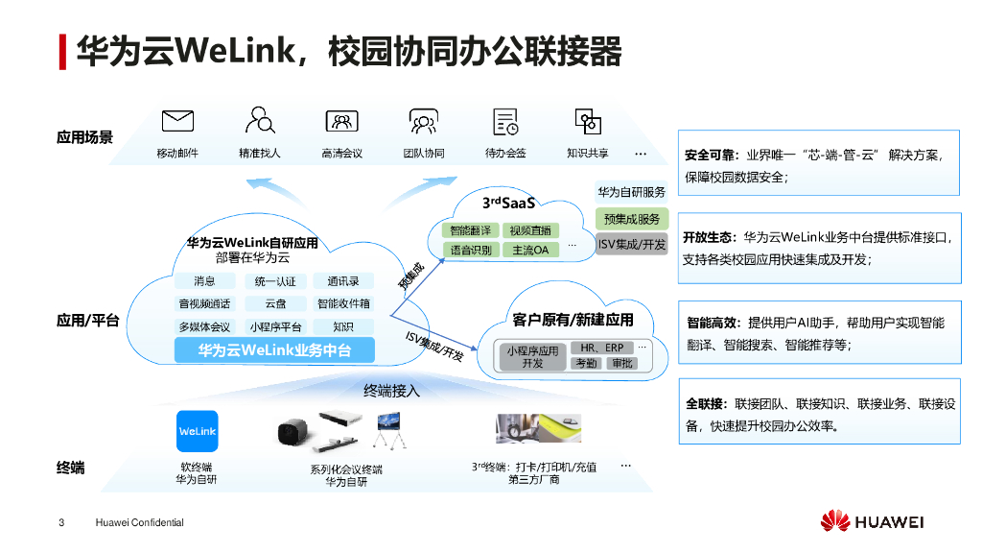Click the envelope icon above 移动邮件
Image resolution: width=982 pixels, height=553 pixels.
pyautogui.click(x=177, y=121)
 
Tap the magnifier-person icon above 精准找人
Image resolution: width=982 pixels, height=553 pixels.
pyautogui.click(x=259, y=121)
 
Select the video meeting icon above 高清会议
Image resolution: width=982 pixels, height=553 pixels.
pyautogui.click(x=341, y=121)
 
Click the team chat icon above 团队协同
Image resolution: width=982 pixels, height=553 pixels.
pyautogui.click(x=423, y=121)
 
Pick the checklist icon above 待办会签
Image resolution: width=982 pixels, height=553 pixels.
pyautogui.click(x=505, y=121)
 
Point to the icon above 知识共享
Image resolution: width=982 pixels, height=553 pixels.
pyautogui.click(x=587, y=121)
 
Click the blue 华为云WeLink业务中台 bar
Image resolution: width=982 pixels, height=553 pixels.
pyautogui.click(x=274, y=350)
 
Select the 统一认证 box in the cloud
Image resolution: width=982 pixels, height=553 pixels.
pyautogui.click(x=275, y=281)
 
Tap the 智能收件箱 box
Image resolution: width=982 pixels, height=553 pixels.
pyautogui.click(x=343, y=303)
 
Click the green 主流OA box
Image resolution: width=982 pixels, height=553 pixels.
pyautogui.click(x=530, y=250)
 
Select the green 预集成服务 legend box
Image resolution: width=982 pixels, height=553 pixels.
pyautogui.click(x=631, y=219)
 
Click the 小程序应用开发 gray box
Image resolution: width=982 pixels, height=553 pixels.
pyautogui.click(x=532, y=357)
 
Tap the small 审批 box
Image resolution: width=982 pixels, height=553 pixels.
pyautogui.click(x=622, y=364)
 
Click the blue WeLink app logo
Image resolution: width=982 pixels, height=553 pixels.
pyautogui.click(x=198, y=432)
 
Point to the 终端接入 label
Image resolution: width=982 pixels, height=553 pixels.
pyautogui.click(x=391, y=391)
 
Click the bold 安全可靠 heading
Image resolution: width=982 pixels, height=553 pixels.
pyautogui.click(x=711, y=155)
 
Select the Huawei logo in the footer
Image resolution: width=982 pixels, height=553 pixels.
pyautogui.click(x=871, y=522)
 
